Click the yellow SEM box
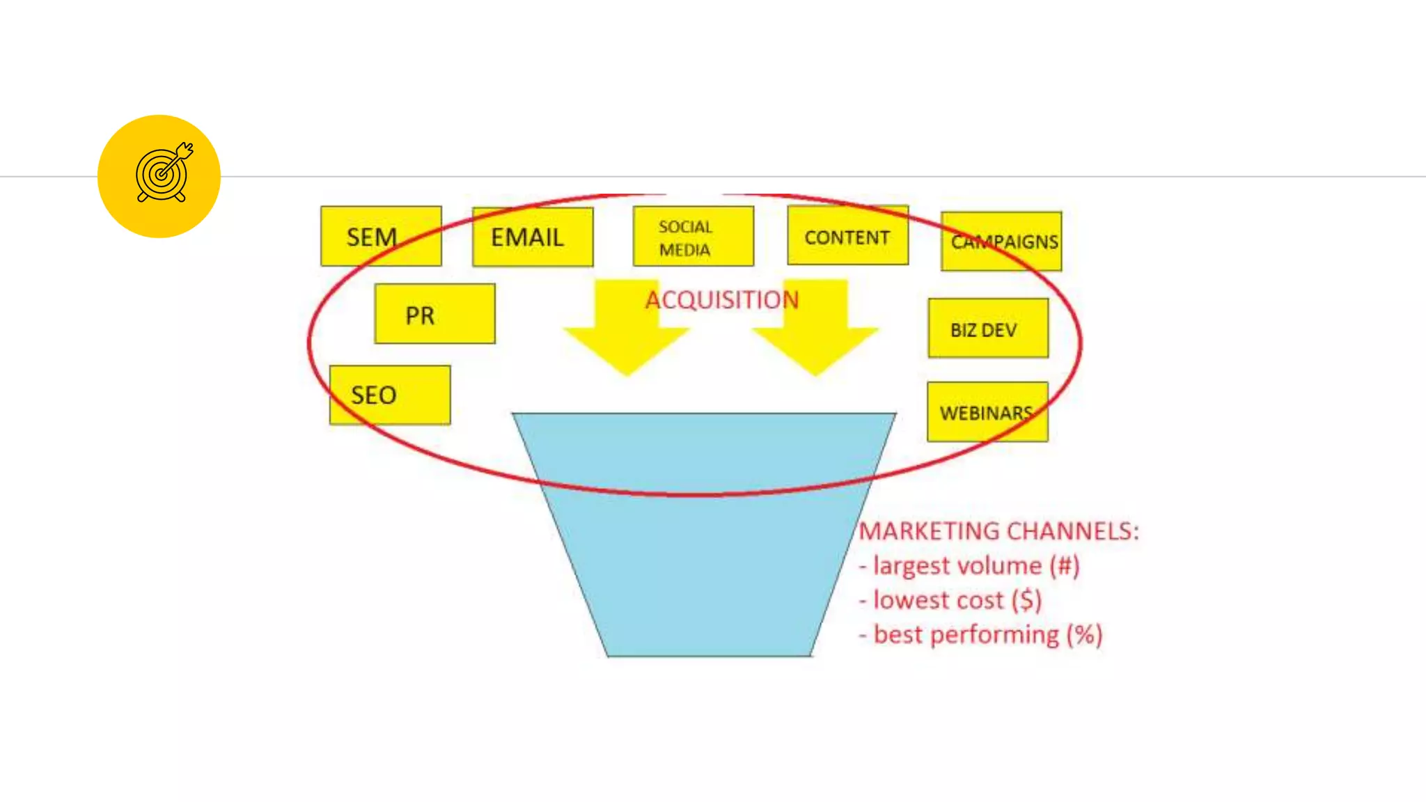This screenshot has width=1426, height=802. pos(381,236)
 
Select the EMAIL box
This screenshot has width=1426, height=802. pos(533,237)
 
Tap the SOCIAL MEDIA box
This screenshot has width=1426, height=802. pos(693,237)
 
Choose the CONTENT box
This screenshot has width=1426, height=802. pos(847,236)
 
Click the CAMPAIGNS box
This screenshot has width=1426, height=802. pos(1001,242)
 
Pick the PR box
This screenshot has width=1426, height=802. pos(434,314)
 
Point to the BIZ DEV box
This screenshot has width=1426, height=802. pos(987,329)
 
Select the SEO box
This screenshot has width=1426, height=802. pos(389,395)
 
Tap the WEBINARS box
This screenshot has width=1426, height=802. pos(987,412)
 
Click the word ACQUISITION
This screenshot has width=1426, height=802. pos(721,300)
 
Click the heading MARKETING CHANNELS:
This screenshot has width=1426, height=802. pos(998,531)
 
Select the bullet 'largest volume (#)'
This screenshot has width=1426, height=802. pos(969,566)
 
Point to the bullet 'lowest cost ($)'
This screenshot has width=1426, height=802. pos(950,600)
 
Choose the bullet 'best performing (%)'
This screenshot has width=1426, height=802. pos(981,635)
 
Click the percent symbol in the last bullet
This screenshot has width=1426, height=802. pos(1083,635)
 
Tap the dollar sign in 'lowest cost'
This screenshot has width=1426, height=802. pos(1026,600)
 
